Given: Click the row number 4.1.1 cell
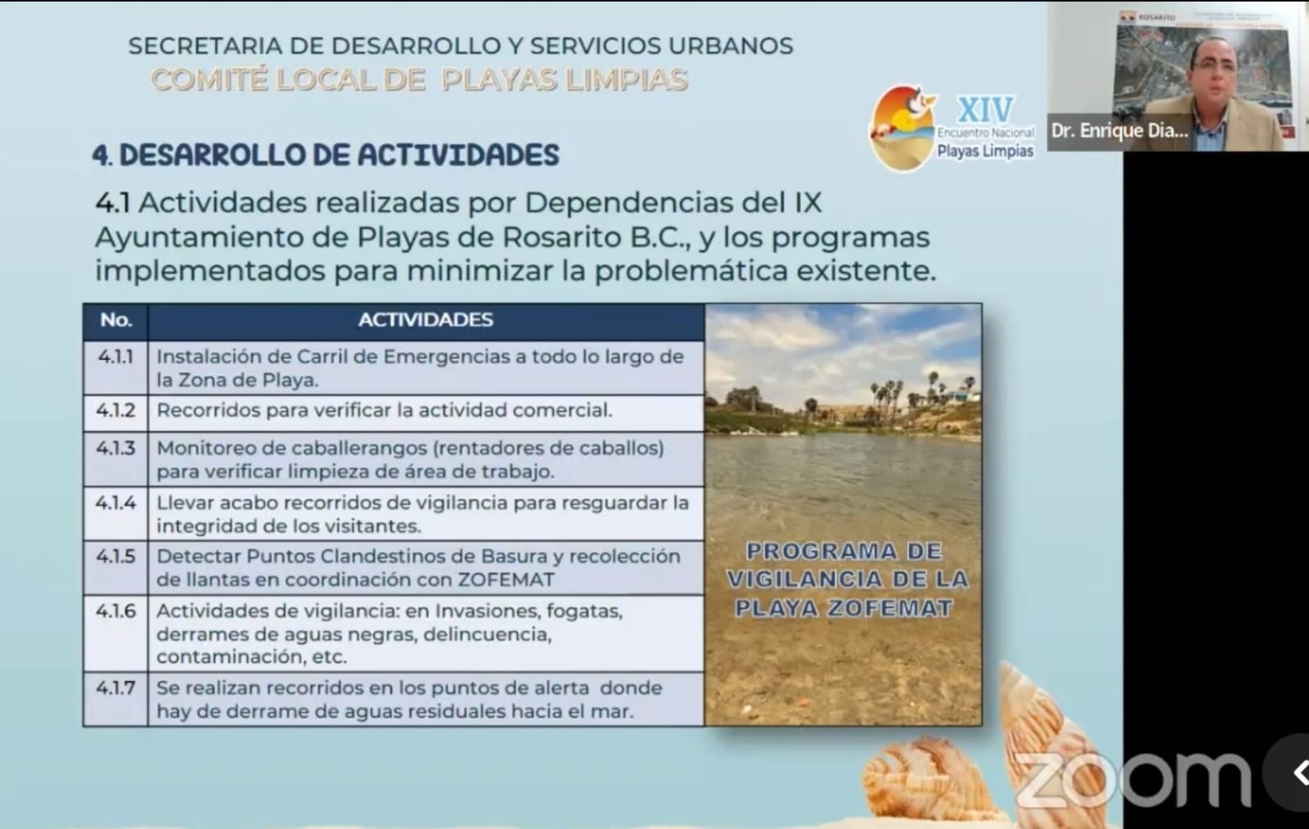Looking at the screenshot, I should [x=115, y=367].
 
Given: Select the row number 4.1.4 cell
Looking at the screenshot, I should [x=115, y=513].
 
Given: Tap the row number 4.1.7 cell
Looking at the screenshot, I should [x=115, y=698].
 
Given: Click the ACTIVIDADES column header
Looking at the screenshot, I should [x=425, y=320].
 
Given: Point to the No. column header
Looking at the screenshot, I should [x=115, y=320].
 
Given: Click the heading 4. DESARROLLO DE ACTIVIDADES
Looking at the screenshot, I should [x=326, y=155].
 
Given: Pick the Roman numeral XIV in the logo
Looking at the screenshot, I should [x=986, y=110].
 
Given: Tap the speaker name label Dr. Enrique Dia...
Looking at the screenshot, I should [x=1119, y=131].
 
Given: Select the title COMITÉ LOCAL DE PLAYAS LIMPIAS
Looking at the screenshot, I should [x=419, y=80].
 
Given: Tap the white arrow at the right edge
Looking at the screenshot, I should [x=1298, y=773].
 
